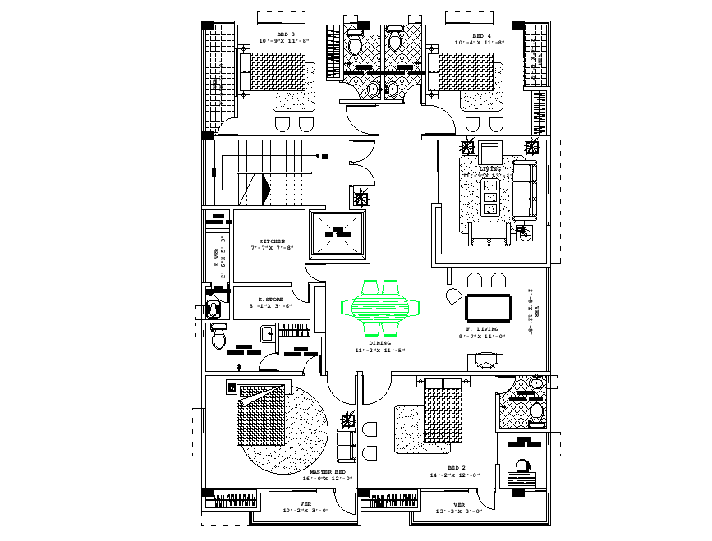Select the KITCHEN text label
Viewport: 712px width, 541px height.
tap(272, 241)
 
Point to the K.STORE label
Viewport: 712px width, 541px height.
tap(271, 300)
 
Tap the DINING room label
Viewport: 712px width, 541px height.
tap(369, 344)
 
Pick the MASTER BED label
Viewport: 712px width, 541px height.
tap(326, 472)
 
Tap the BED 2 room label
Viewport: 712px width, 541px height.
tap(456, 467)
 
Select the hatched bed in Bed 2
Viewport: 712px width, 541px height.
tap(443, 414)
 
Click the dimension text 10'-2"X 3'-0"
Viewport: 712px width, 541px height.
tap(305, 511)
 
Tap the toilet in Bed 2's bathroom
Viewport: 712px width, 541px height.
tap(535, 409)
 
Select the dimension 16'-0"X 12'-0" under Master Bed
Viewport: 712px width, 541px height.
tap(326, 479)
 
